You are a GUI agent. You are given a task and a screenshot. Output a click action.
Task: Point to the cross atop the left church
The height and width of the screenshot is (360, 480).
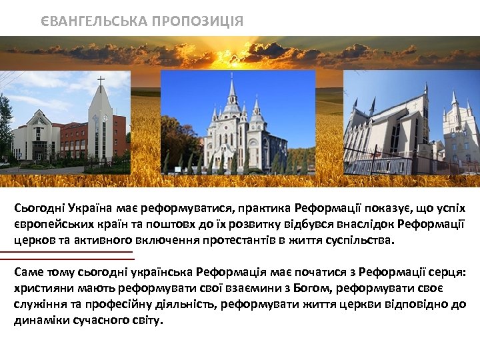click(x=101, y=83)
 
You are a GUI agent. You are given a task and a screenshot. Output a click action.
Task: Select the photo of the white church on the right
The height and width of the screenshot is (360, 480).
click(x=411, y=123)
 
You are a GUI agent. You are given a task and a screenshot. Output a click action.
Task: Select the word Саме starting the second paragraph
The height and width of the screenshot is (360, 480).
click(x=28, y=273)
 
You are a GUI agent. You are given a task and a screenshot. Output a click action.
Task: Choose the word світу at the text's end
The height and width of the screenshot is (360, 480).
click(x=147, y=321)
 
